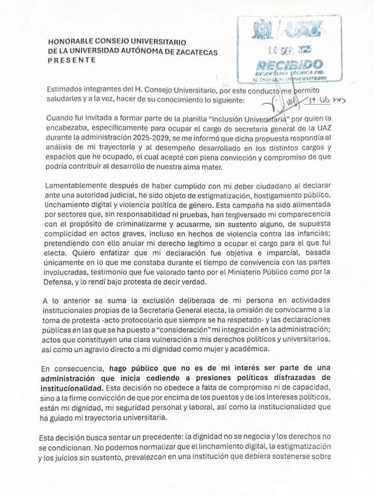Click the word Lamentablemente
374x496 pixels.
point(76,184)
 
